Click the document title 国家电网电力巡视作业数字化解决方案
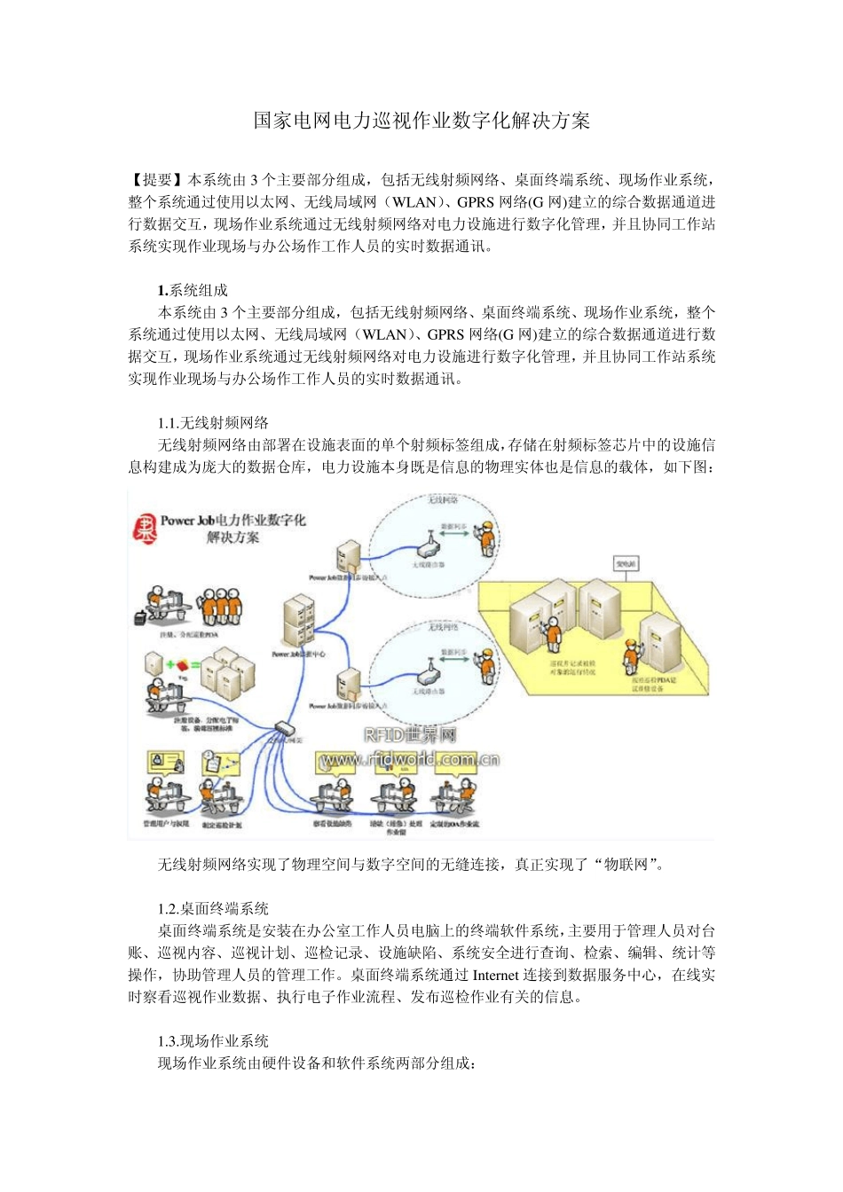coord(421,121)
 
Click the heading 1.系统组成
coord(193,290)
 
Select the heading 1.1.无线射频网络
coord(213,423)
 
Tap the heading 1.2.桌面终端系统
coord(213,908)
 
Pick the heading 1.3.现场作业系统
coord(213,1041)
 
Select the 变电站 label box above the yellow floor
coord(626,564)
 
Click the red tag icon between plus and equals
coord(182,664)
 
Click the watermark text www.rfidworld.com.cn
coord(409,759)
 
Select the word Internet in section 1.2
coord(501,975)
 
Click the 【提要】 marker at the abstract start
coord(157,179)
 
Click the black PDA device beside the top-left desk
coord(139,616)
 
